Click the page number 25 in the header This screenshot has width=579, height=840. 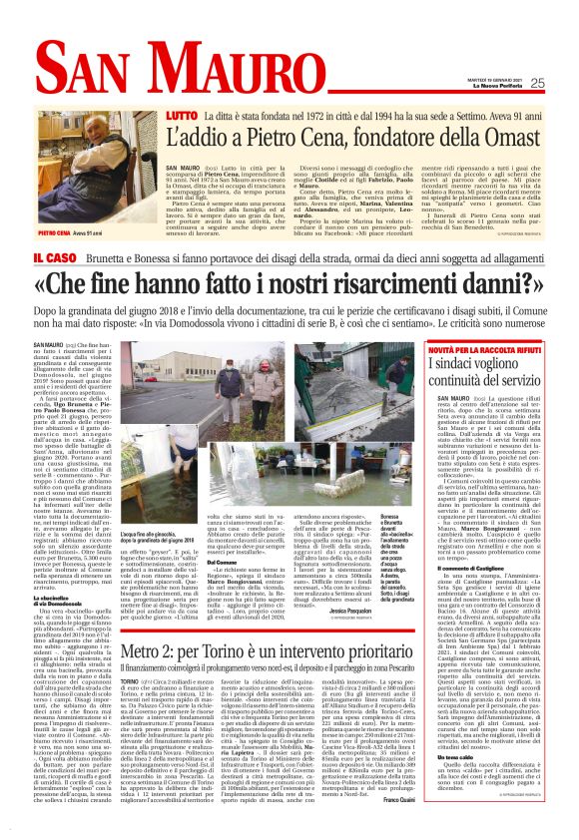pos(537,83)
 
